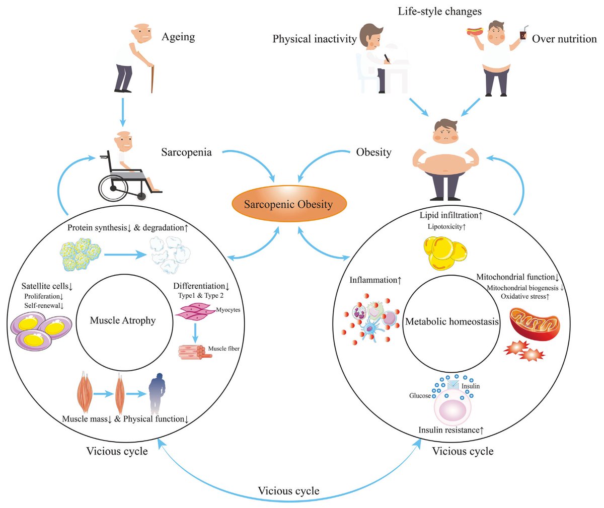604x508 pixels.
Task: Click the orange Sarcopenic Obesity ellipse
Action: click(288, 204)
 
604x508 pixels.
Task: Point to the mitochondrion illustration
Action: click(534, 324)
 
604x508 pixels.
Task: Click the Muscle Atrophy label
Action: click(123, 320)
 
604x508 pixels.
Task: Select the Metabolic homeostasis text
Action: click(452, 321)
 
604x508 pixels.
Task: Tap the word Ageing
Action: click(178, 37)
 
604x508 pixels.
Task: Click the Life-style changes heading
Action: click(439, 11)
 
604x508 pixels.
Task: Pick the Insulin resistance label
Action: click(451, 430)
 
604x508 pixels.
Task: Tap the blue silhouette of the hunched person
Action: click(161, 393)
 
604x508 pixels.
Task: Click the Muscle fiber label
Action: click(223, 349)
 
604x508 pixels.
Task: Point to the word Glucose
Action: click(420, 396)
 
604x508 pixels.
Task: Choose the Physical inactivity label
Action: click(315, 39)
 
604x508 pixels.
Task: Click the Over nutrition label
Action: click(564, 39)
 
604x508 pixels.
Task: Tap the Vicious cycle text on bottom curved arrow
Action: click(288, 491)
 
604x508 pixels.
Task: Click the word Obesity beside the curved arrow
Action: click(373, 152)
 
